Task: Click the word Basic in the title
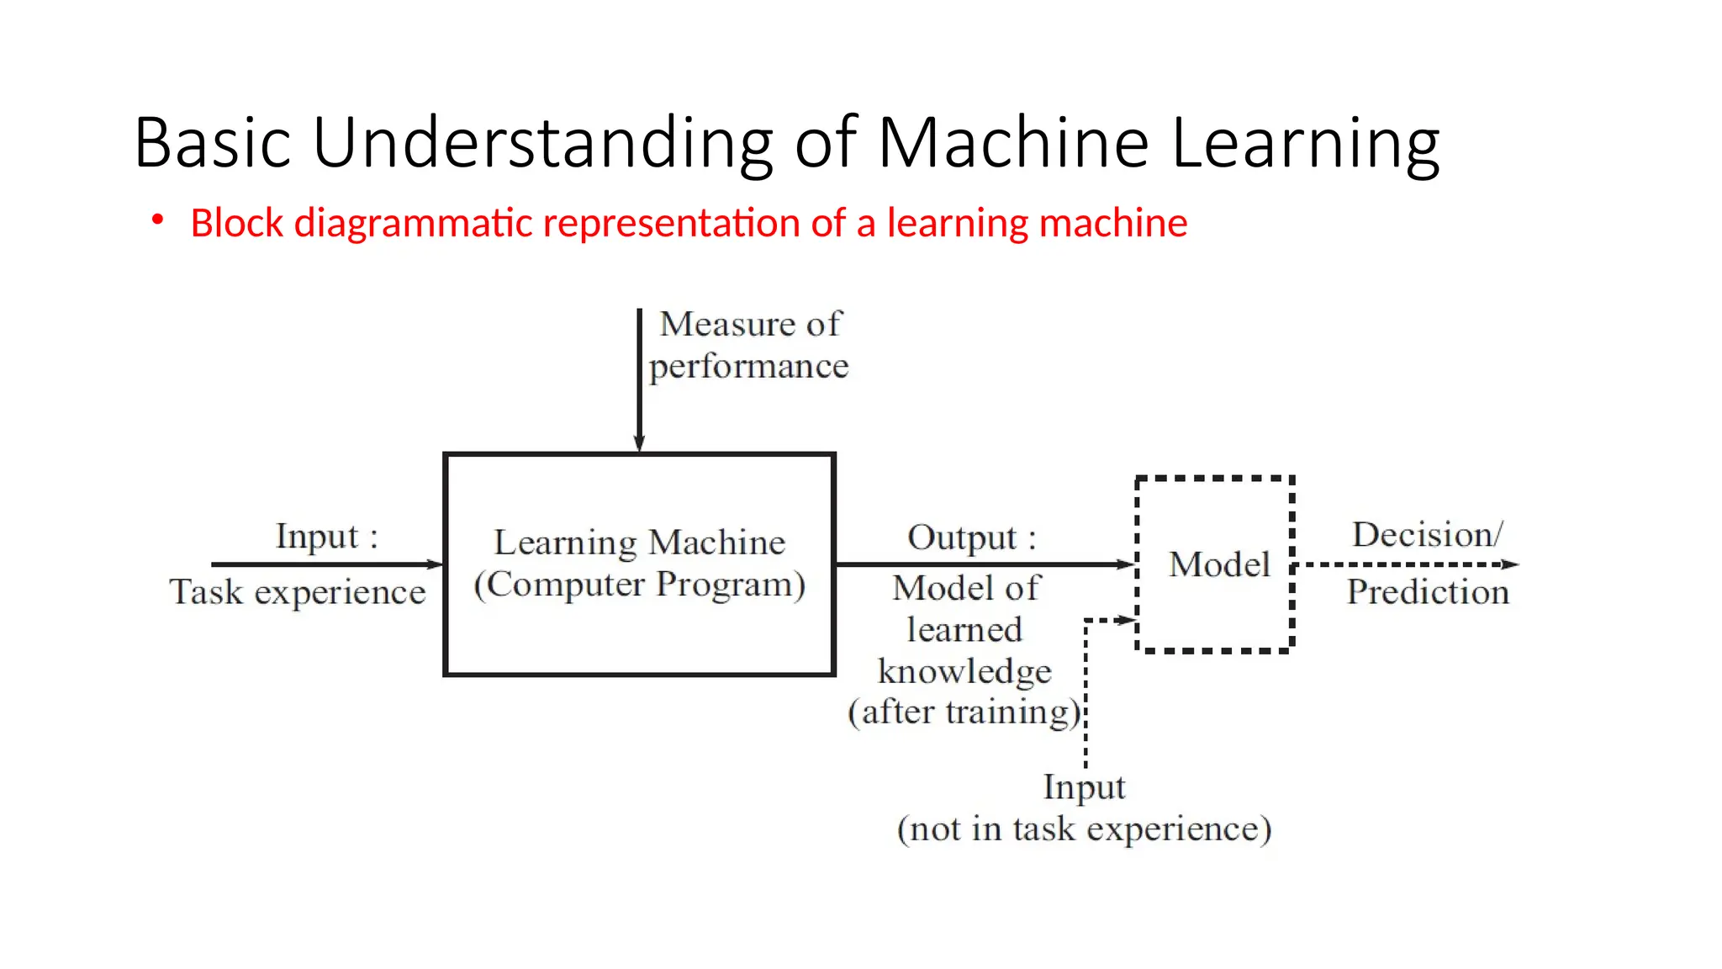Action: pos(213,143)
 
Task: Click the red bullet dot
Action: pos(157,220)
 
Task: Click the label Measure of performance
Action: pos(748,345)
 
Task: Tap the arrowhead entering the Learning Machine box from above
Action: pos(639,443)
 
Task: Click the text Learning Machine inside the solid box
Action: pos(639,543)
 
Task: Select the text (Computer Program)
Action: pos(639,585)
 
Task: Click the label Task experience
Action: pos(298,592)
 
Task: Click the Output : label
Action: pos(971,537)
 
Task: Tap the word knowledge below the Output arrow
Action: pos(964,671)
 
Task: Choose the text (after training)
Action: pos(964,712)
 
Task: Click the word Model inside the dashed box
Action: pos(1218,564)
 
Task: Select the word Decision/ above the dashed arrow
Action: pos(1427,535)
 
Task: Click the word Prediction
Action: pos(1428,592)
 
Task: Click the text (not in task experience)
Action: pos(1084,829)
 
